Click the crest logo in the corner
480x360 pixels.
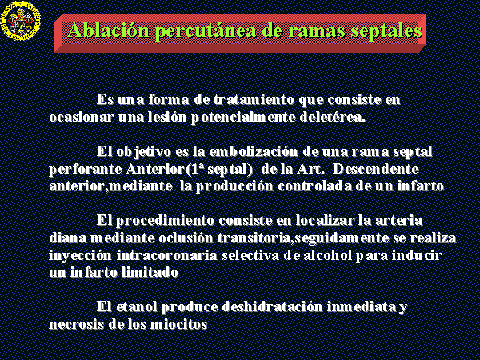[21, 21]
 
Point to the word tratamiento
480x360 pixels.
[254, 99]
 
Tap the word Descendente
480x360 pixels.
[376, 169]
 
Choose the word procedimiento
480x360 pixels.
[165, 221]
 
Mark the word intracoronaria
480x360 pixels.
[166, 255]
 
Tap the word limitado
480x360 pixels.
[150, 272]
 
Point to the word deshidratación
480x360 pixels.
[273, 306]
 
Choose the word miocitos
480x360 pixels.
[178, 324]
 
